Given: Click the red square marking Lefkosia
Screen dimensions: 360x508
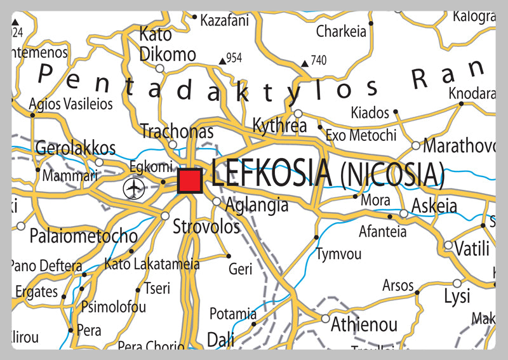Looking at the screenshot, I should [x=190, y=181].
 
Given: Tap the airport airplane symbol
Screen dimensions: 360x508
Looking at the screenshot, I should [x=134, y=188].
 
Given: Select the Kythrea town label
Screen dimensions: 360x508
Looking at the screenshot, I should [x=279, y=126].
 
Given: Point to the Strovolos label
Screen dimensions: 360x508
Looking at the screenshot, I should [x=206, y=227].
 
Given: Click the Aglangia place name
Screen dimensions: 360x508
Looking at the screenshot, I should [x=257, y=204].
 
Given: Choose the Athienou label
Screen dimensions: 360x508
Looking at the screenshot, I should [x=364, y=325].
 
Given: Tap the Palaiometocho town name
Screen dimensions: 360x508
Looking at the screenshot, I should [x=83, y=237].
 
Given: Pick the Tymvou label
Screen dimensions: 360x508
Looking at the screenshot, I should [x=339, y=254].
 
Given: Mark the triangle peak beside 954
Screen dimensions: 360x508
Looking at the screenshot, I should [x=222, y=61].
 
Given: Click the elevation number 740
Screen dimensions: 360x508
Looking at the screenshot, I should [x=319, y=61].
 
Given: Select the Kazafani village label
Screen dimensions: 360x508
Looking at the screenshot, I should [x=224, y=20].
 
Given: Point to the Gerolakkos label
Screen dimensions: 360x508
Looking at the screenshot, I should [x=76, y=149].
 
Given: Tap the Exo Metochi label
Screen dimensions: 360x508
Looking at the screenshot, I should [x=361, y=135].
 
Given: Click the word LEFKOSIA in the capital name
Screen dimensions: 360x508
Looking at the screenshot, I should [x=271, y=173].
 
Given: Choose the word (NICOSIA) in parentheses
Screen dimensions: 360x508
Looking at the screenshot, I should [x=392, y=175].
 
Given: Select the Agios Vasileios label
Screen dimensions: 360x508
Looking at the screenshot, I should [x=71, y=103].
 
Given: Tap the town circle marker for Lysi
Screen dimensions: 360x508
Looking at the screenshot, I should [x=457, y=283].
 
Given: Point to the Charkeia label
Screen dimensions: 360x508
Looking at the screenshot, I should [x=342, y=31].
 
